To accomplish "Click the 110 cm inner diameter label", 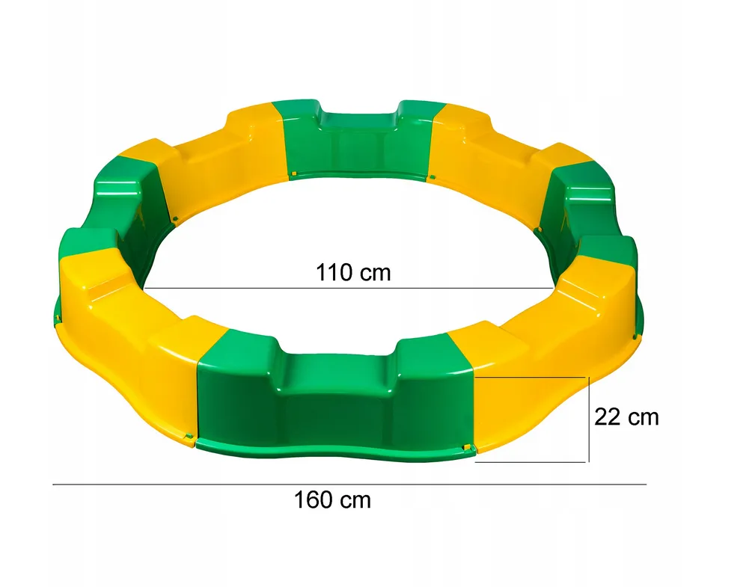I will point(352,272).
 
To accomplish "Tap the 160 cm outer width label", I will point(331,500).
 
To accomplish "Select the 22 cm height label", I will point(626,417).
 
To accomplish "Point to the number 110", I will point(334,272).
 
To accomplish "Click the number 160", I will point(312,500).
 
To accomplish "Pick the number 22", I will point(607,417).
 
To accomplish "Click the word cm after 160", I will point(353,500).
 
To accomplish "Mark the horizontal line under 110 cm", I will point(348,288).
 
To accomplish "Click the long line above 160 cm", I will point(349,485).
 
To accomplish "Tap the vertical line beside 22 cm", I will point(590,419).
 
